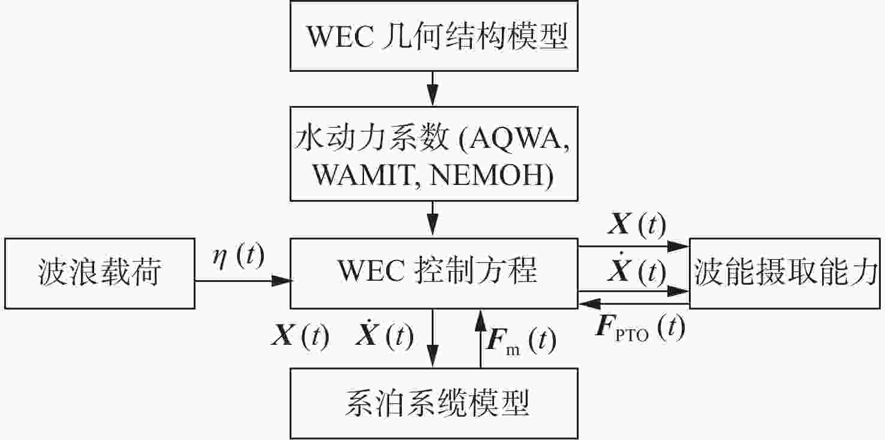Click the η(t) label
pyautogui.click(x=238, y=256)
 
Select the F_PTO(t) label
pyautogui.click(x=640, y=328)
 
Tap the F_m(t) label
pyautogui.click(x=522, y=341)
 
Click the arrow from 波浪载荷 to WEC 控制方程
pyautogui.click(x=243, y=281)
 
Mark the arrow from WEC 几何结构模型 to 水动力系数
pyautogui.click(x=433, y=89)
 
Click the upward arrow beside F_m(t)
pyautogui.click(x=480, y=339)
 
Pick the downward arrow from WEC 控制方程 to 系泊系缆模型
pyautogui.click(x=433, y=339)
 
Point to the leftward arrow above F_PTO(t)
pyautogui.click(x=634, y=304)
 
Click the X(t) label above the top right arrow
pyautogui.click(x=637, y=224)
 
